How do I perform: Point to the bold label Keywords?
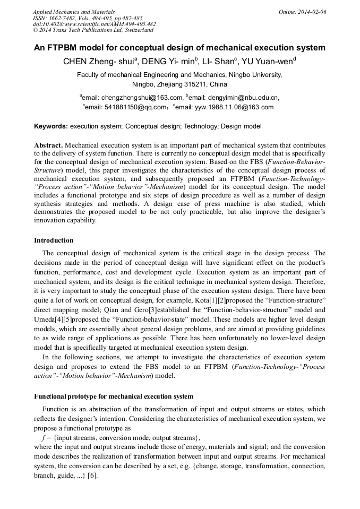tap(51, 127)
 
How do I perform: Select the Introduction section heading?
tap(54, 240)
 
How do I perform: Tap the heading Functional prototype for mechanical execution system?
tap(114, 396)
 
